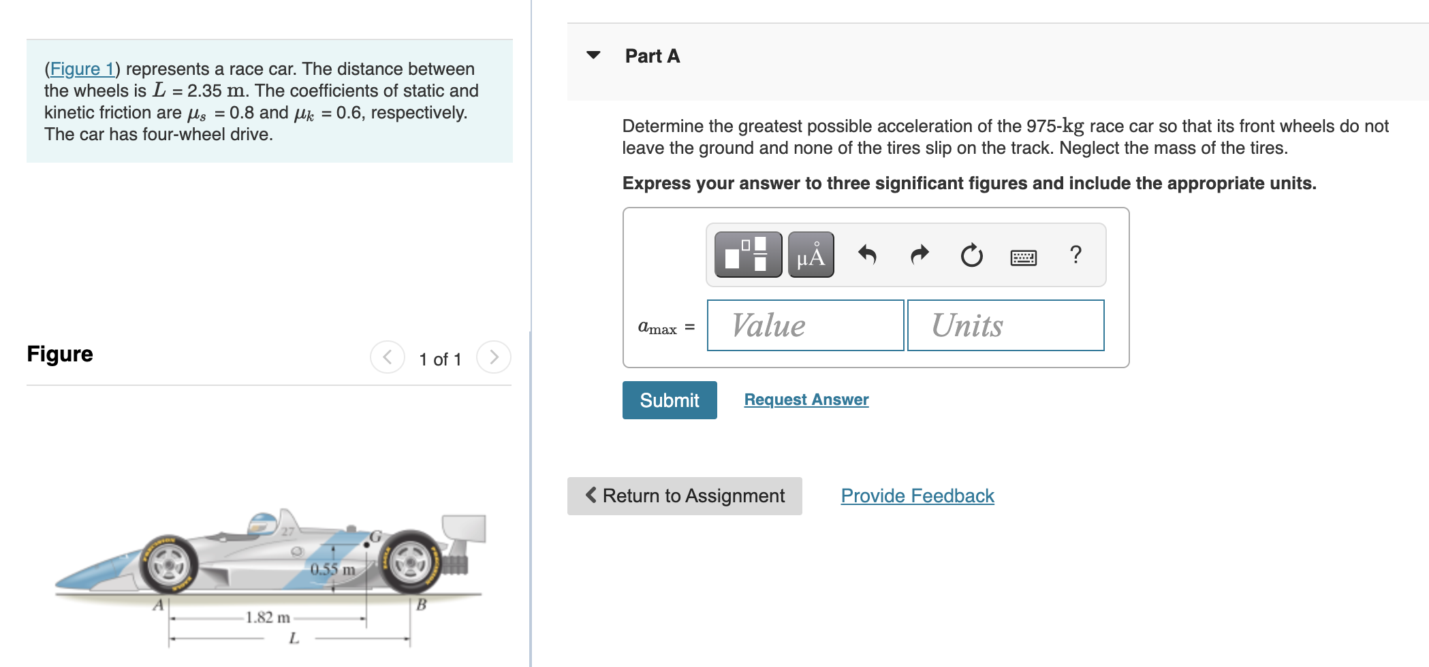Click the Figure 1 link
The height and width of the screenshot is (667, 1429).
tap(82, 69)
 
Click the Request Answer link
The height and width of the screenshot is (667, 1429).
tap(806, 400)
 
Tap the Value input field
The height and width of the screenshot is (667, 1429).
tap(805, 325)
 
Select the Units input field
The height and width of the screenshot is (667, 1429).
tap(1005, 325)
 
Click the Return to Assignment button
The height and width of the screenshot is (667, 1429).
tap(685, 496)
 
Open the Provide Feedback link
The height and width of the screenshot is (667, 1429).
tap(917, 496)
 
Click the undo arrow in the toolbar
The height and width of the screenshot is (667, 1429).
tap(867, 255)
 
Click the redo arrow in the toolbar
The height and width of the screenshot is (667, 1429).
tap(920, 255)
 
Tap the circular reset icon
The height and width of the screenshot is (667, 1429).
tap(971, 255)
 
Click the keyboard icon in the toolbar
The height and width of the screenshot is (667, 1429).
tap(1023, 257)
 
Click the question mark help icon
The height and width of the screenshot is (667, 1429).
tap(1075, 255)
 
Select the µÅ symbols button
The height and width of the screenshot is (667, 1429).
tap(811, 255)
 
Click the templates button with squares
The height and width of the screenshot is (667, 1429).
tap(748, 255)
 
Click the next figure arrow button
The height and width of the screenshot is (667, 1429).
tap(494, 357)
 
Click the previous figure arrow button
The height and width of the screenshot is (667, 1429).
tap(387, 357)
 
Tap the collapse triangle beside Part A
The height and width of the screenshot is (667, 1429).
tap(593, 55)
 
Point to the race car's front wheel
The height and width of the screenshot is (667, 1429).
tap(168, 564)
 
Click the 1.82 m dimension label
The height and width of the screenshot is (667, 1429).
tap(268, 617)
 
